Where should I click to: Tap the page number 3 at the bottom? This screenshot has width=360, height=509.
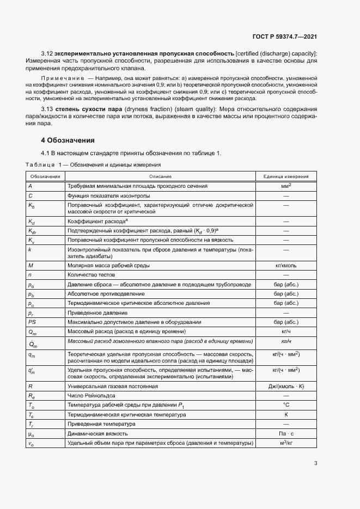click(315, 463)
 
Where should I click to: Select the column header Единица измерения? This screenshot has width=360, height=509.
click(285, 176)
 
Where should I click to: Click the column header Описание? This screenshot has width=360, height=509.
click(161, 176)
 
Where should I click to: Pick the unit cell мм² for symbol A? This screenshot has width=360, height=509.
click(285, 186)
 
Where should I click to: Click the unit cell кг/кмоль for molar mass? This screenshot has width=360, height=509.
click(285, 265)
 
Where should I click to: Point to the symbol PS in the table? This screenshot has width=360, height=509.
click(32, 322)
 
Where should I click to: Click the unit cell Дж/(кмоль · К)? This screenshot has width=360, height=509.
click(285, 386)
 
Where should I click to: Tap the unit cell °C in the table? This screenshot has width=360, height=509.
click(285, 405)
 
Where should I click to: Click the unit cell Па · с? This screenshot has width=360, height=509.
click(285, 433)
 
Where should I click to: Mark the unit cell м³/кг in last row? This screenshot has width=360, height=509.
click(285, 443)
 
